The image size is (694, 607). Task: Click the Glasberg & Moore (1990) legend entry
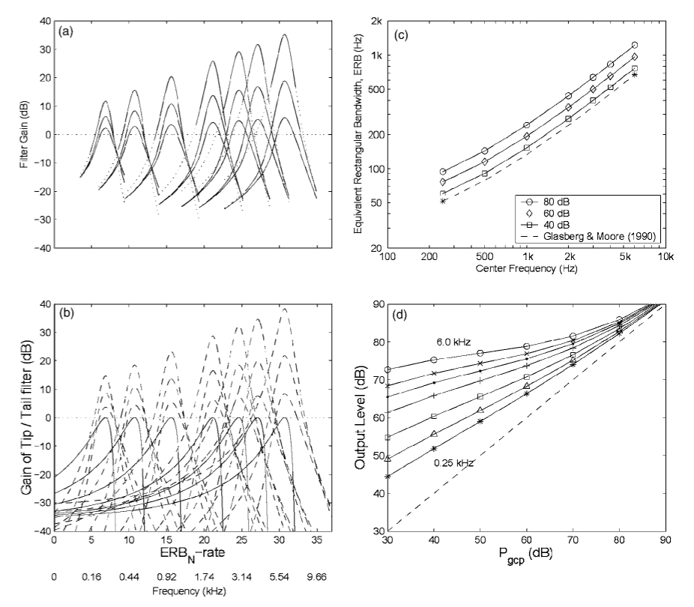point(588,236)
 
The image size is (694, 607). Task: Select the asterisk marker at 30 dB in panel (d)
point(387,477)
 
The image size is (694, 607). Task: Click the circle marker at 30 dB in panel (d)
point(387,369)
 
